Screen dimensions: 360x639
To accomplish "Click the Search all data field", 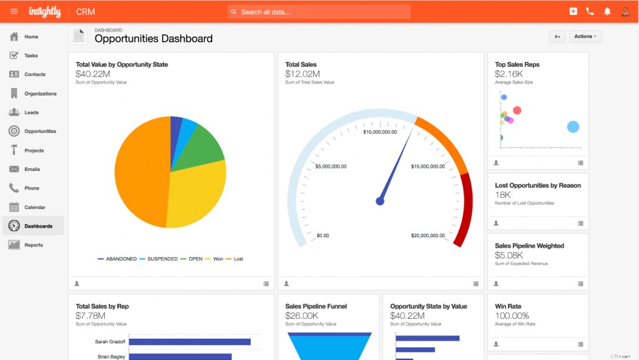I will [x=319, y=12].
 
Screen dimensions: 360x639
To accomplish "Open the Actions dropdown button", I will [x=585, y=37].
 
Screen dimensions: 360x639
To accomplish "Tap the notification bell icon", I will [x=607, y=11].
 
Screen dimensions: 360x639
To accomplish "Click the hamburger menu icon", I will [x=14, y=11].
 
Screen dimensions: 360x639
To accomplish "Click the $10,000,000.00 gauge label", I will [x=380, y=132].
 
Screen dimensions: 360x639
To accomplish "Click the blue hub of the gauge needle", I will [x=380, y=201].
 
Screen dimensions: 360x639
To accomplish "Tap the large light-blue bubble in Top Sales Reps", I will [x=573, y=127].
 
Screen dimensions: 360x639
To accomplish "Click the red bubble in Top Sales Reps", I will [x=517, y=110].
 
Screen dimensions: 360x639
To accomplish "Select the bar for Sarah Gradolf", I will [x=198, y=342].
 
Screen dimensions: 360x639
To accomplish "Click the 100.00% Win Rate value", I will [x=512, y=316].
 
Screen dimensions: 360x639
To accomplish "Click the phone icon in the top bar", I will [x=590, y=11].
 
